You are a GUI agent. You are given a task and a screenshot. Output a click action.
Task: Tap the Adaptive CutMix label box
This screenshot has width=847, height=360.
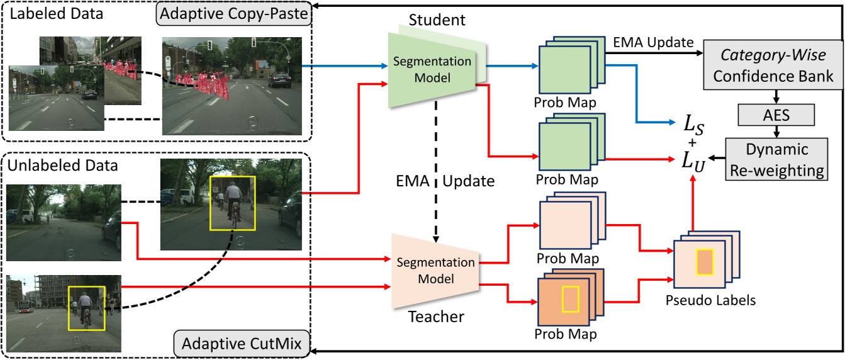(x=242, y=344)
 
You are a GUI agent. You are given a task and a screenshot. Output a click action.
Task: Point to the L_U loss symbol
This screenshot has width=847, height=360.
(x=695, y=160)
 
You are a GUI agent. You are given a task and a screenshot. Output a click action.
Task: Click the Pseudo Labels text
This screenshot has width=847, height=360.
(x=710, y=301)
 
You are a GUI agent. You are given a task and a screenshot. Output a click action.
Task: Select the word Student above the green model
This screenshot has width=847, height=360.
(x=437, y=21)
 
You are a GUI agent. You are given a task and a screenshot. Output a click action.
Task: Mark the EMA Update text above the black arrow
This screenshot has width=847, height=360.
(x=653, y=42)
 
